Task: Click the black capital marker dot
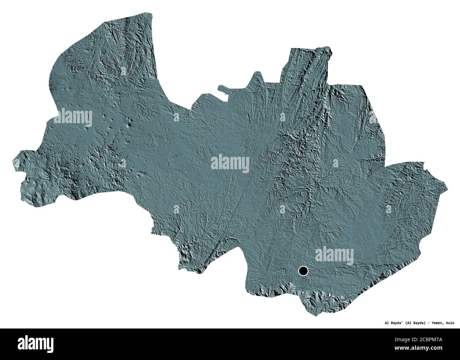[x=303, y=272]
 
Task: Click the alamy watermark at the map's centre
[x=230, y=164]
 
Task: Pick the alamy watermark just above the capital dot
[x=334, y=254]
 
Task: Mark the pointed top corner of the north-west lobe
[x=151, y=14]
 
